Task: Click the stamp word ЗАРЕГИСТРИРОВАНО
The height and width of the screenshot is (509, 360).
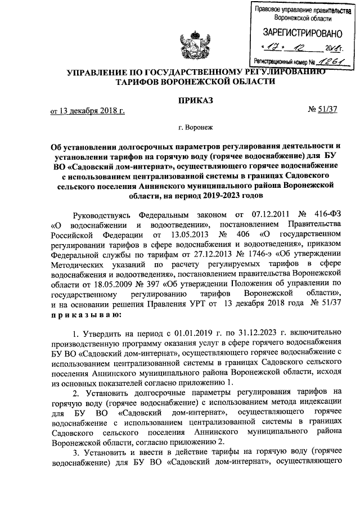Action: pyautogui.click(x=298, y=33)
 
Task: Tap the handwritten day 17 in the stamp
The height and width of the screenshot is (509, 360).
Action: pyautogui.click(x=273, y=48)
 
